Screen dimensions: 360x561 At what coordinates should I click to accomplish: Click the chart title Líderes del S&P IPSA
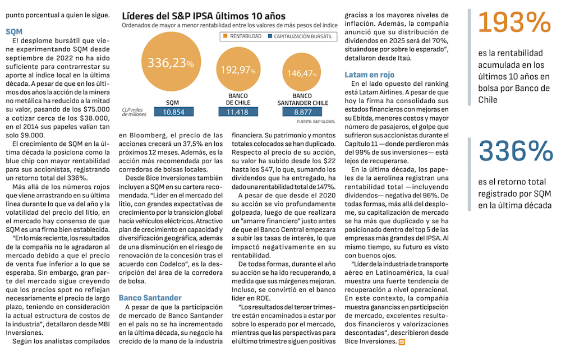[x=203, y=16]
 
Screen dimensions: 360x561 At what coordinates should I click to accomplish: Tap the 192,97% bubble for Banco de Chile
[x=237, y=70]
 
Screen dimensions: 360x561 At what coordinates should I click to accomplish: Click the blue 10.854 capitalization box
[x=173, y=112]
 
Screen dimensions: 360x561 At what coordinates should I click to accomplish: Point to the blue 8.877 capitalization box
[x=303, y=112]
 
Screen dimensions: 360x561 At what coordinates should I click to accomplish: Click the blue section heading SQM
[x=14, y=32]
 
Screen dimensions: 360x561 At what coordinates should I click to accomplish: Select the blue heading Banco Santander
[x=150, y=298]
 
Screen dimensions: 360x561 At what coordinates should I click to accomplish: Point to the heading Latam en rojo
[x=369, y=75]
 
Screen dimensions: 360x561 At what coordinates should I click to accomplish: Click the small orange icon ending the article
[x=401, y=341]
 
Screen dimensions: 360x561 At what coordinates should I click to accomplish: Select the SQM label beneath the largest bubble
[x=173, y=103]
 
